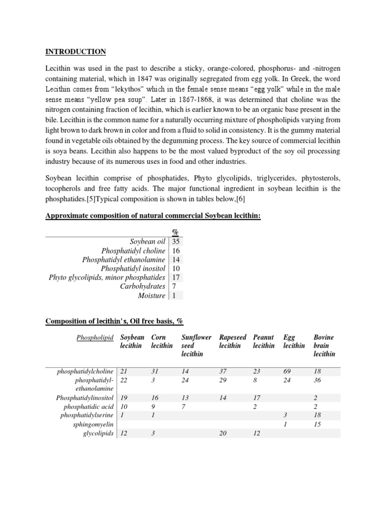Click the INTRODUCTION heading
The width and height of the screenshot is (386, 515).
tap(76, 52)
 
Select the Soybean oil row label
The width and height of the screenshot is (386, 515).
tap(148, 241)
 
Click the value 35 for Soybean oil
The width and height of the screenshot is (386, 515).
tap(176, 241)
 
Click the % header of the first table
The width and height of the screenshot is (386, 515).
tap(175, 232)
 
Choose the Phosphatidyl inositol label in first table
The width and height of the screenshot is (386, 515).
tap(133, 269)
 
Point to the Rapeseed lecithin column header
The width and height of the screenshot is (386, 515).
tap(233, 341)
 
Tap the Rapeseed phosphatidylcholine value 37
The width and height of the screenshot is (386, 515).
tap(224, 371)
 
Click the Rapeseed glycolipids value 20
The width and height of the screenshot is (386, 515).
tap(224, 434)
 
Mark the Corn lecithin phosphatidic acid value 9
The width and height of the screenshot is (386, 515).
tap(153, 406)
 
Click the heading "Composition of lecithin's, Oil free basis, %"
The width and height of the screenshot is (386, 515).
tap(118, 321)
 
